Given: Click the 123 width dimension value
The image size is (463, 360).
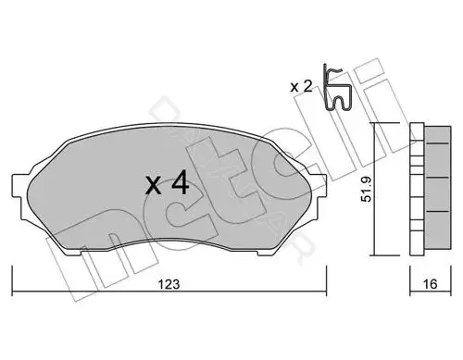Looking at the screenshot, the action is [x=169, y=284].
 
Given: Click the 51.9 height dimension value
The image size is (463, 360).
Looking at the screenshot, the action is [x=367, y=189].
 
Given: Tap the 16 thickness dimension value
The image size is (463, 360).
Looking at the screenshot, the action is [x=430, y=284].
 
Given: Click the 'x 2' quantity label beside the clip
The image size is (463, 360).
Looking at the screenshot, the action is [x=301, y=87].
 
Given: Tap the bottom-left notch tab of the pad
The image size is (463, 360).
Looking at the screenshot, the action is [x=73, y=253].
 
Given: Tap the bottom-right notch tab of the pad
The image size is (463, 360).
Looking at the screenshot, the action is [x=265, y=253].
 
